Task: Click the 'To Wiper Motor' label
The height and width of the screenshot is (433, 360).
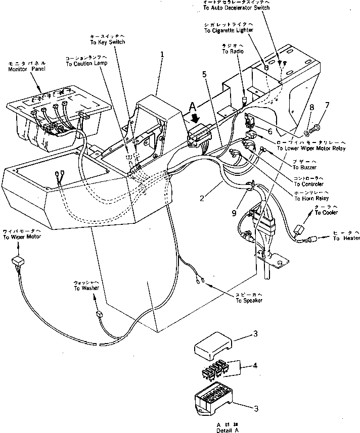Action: tap(22, 237)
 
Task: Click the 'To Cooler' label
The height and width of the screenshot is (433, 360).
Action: tap(326, 213)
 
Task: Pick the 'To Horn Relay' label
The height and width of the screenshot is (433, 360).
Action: tap(309, 198)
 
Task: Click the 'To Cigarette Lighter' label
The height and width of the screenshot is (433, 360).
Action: tap(229, 31)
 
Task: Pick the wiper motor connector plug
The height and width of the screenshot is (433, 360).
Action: tap(18, 261)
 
